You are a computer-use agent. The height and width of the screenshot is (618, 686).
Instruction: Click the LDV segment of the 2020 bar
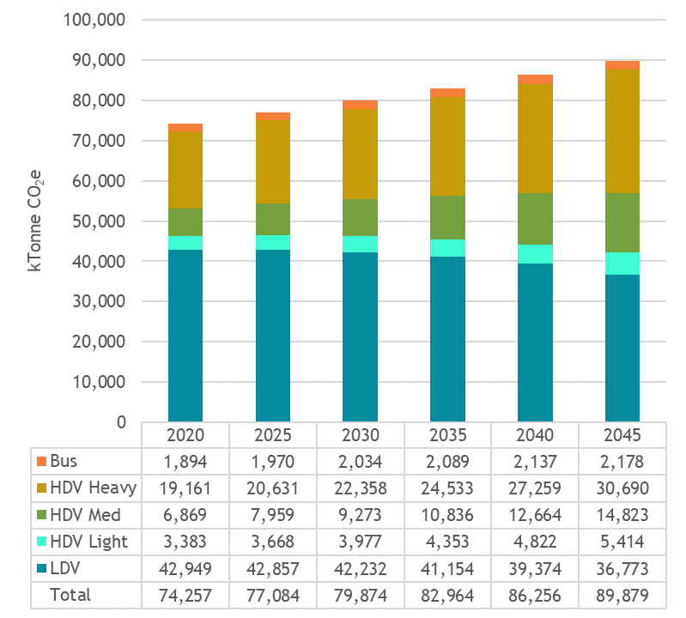(x=185, y=335)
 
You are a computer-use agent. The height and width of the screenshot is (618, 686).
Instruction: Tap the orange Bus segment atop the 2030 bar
(x=360, y=105)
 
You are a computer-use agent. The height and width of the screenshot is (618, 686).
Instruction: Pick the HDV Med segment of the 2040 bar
(x=535, y=219)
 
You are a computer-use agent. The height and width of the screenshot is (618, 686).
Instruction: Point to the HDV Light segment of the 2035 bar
(x=447, y=248)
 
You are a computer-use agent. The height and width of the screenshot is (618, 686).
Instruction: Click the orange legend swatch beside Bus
(x=40, y=461)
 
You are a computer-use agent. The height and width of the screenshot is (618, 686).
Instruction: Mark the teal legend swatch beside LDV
(x=40, y=567)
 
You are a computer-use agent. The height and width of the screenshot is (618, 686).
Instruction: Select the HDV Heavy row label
(x=93, y=488)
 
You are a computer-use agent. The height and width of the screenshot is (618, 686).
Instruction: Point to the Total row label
(x=70, y=594)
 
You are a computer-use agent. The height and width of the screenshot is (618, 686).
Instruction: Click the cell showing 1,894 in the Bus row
(x=185, y=461)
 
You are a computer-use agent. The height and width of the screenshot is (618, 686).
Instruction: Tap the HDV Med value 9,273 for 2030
(x=360, y=514)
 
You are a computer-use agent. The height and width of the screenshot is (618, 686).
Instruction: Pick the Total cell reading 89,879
(x=622, y=594)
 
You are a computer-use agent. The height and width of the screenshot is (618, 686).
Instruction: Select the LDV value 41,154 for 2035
(x=447, y=567)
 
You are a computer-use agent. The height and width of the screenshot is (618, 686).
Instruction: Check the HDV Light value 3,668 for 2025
(x=272, y=541)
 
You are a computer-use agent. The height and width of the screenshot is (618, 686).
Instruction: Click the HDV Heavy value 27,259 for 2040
(x=535, y=488)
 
